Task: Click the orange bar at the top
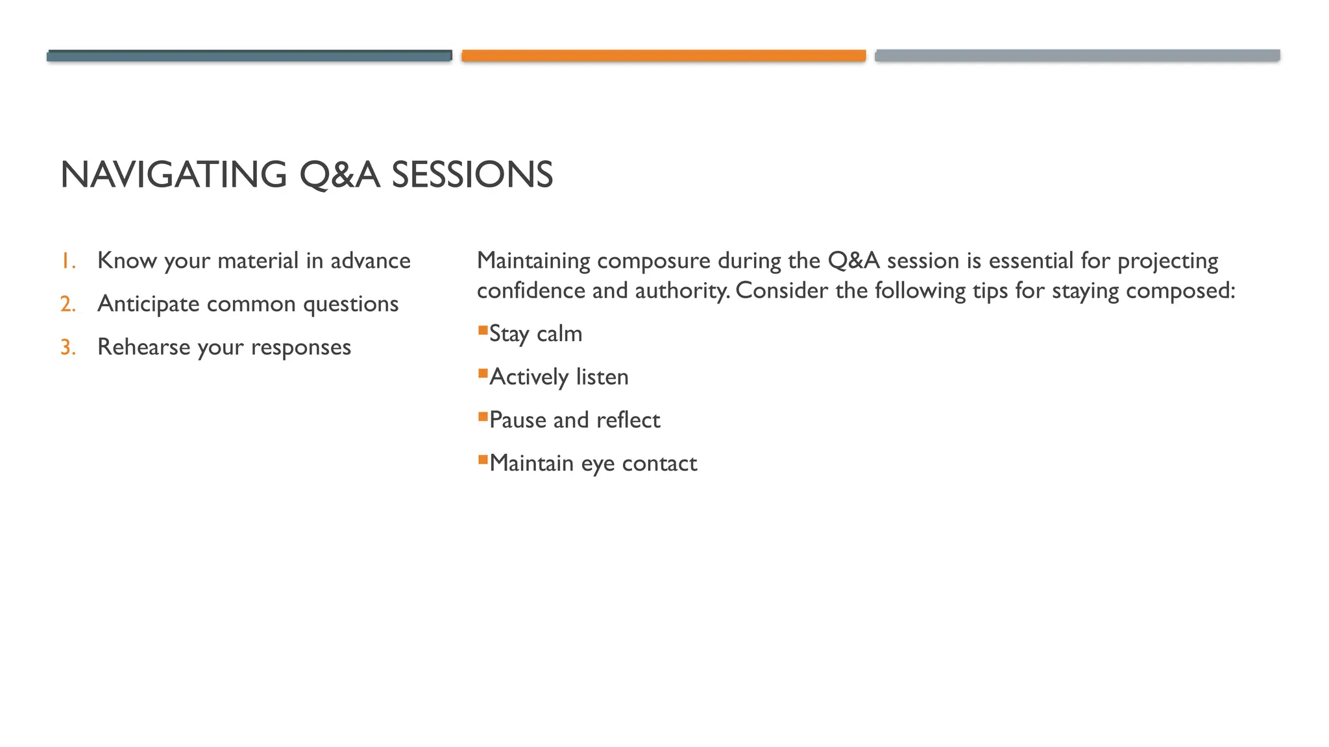pyautogui.click(x=663, y=56)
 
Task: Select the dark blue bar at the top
pyautogui.click(x=249, y=56)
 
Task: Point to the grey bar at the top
pyautogui.click(x=1077, y=56)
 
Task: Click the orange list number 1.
pyautogui.click(x=67, y=261)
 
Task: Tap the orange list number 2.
pyautogui.click(x=67, y=304)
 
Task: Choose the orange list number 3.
pyautogui.click(x=67, y=348)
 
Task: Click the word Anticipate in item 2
pyautogui.click(x=148, y=304)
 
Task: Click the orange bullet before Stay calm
pyautogui.click(x=483, y=331)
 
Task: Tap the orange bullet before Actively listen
pyautogui.click(x=483, y=373)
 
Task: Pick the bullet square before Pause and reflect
pyautogui.click(x=483, y=417)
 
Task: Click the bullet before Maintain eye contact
pyautogui.click(x=483, y=460)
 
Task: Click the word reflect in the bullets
pyautogui.click(x=628, y=420)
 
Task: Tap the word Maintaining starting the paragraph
pyautogui.click(x=533, y=261)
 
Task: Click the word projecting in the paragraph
pyautogui.click(x=1167, y=261)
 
